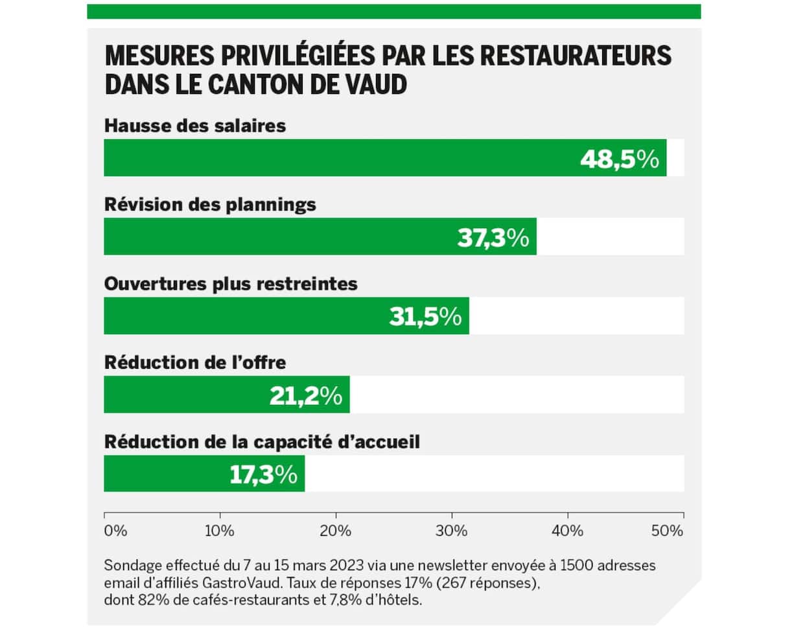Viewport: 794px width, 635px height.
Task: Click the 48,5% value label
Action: click(619, 159)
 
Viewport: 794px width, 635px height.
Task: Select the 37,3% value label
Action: click(493, 238)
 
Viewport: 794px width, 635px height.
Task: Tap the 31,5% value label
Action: click(425, 317)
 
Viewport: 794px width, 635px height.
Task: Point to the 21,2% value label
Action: click(306, 396)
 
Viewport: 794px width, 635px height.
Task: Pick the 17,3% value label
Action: click(263, 475)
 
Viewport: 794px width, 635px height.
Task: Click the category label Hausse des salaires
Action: click(195, 126)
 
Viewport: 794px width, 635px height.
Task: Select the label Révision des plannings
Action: click(210, 205)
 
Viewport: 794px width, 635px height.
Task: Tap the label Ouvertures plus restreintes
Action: click(231, 284)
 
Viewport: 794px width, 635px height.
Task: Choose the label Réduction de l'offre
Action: click(195, 363)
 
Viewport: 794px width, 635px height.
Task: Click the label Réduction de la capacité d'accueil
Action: click(263, 442)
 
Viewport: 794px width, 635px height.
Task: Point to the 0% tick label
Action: click(115, 531)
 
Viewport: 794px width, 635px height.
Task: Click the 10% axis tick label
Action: click(220, 531)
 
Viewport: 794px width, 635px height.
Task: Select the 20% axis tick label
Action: click(336, 531)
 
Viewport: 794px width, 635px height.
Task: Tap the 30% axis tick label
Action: click(452, 531)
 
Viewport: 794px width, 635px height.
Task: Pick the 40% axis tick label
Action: click(568, 531)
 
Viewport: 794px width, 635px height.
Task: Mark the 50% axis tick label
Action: click(668, 531)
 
